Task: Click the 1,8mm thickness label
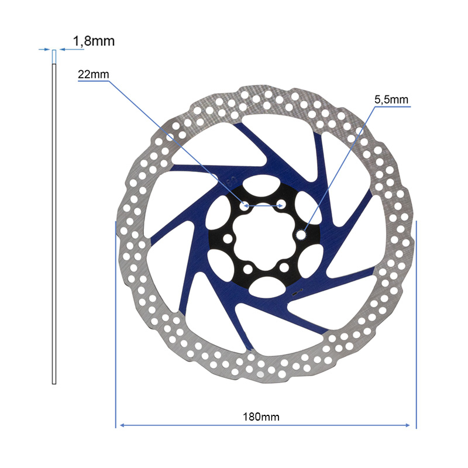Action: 94,41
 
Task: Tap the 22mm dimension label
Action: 94,74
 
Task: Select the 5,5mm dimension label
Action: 391,99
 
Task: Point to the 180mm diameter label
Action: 261,417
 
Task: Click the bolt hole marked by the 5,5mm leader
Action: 301,235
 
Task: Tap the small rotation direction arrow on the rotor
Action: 298,292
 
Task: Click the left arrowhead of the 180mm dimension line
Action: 122,425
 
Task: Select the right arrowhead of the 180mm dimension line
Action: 408,425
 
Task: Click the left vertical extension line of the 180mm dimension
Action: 115,325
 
